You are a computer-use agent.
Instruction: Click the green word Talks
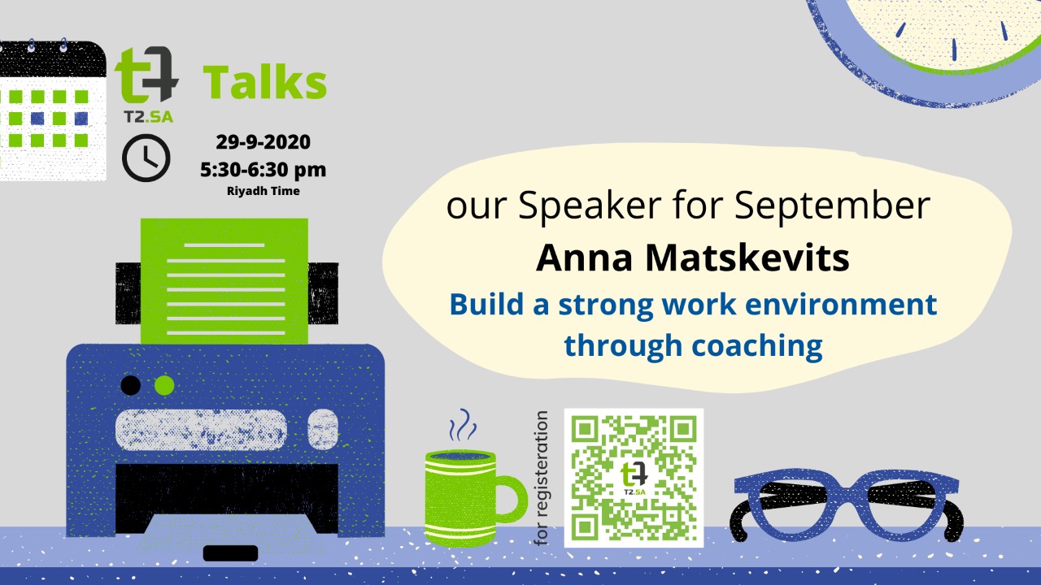[x=265, y=83]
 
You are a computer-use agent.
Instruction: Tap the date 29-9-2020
[x=263, y=142]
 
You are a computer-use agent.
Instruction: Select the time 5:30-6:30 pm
[x=263, y=170]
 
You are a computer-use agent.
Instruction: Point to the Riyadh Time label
[x=263, y=191]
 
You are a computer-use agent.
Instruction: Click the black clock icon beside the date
[x=146, y=158]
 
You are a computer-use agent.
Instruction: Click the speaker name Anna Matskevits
[x=693, y=258]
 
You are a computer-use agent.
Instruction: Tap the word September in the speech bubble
[x=832, y=206]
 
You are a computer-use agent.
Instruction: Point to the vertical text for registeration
[x=542, y=479]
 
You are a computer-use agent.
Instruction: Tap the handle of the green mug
[x=514, y=499]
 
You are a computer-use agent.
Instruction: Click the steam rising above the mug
[x=463, y=424]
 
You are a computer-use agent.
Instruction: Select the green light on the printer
[x=164, y=385]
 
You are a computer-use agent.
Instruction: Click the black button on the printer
[x=131, y=385]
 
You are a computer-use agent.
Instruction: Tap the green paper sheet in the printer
[x=224, y=281]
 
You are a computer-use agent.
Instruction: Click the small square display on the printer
[x=323, y=429]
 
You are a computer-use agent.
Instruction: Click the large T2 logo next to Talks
[x=146, y=76]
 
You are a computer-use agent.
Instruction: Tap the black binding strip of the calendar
[x=52, y=59]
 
